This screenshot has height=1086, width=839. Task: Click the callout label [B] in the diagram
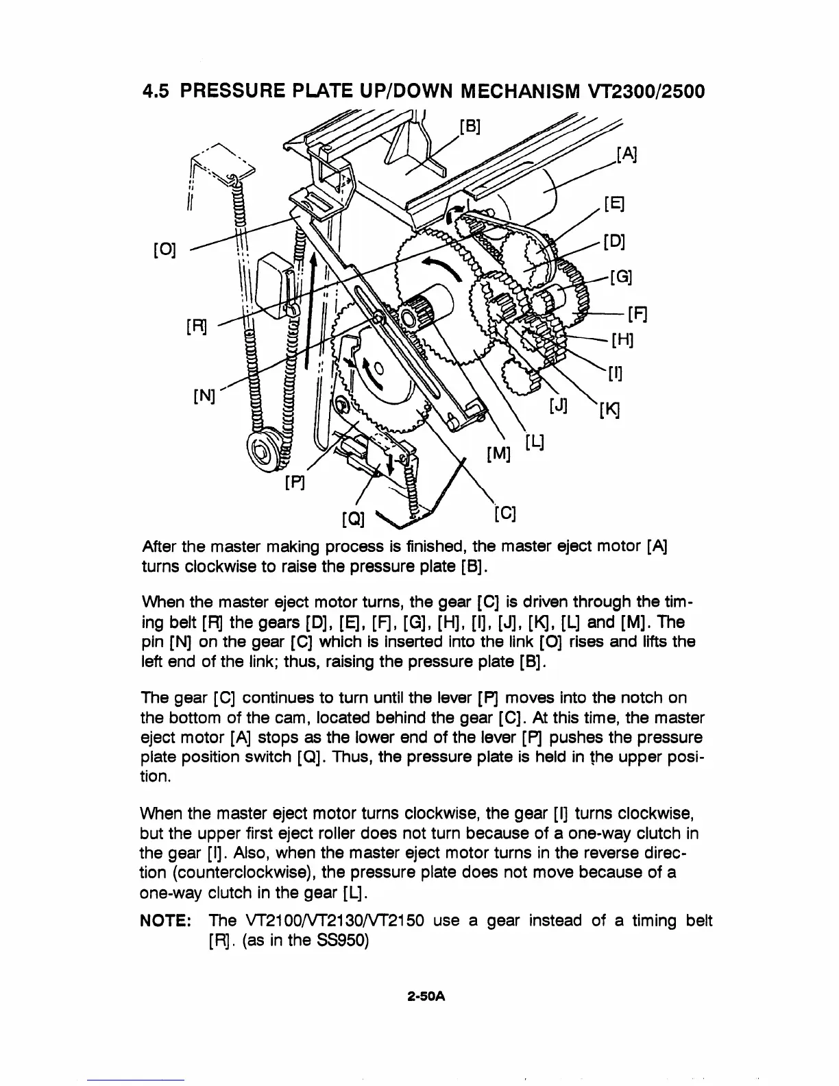tap(470, 127)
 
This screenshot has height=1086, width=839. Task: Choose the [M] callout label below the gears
tap(498, 453)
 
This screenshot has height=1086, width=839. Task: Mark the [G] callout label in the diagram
tap(621, 277)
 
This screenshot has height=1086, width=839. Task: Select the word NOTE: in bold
tap(169, 920)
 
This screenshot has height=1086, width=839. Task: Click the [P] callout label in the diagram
tap(295, 485)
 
